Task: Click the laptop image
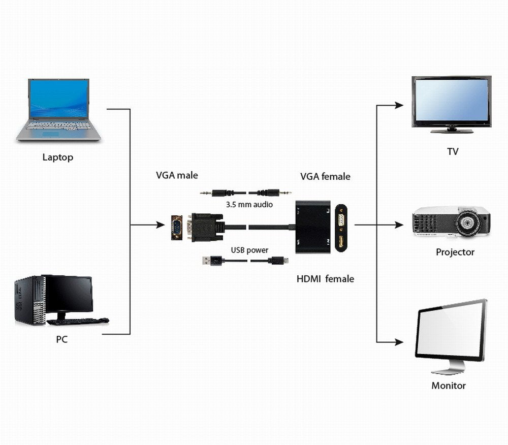pos(58,109)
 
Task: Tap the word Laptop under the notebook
pos(57,157)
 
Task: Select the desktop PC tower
pos(29,300)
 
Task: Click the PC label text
pos(61,339)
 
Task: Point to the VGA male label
pos(177,175)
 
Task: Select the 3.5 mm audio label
pos(249,205)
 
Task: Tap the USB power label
pos(249,250)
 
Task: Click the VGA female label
pos(325,176)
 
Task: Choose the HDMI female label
pos(325,279)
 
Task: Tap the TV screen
pos(451,101)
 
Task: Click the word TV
pos(452,151)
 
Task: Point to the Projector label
pos(455,252)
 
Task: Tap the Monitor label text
pos(449,386)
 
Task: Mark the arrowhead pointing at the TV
pos(399,105)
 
